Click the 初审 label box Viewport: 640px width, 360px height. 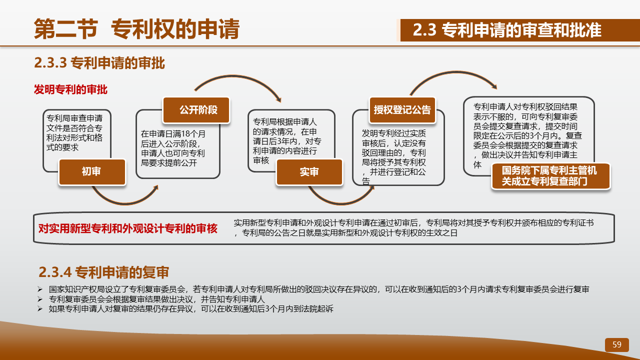click(x=92, y=172)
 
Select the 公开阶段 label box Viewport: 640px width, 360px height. click(x=196, y=110)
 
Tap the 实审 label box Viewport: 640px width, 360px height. click(x=309, y=172)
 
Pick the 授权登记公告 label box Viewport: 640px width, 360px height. click(x=402, y=110)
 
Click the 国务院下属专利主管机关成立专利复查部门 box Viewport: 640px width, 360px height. click(x=550, y=176)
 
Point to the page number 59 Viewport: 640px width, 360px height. click(x=617, y=344)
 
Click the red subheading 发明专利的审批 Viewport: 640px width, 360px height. click(x=70, y=89)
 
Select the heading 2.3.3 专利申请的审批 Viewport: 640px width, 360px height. click(x=99, y=63)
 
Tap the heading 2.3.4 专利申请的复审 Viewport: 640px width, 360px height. click(x=103, y=272)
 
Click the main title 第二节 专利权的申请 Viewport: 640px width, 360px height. click(x=136, y=29)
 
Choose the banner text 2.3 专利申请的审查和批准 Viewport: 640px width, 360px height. click(x=507, y=30)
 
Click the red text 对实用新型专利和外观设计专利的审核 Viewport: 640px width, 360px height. click(x=128, y=228)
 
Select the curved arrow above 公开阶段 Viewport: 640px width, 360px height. click(x=234, y=76)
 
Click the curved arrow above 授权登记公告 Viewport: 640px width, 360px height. click(x=455, y=72)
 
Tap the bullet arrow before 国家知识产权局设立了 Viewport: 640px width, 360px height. click(x=40, y=289)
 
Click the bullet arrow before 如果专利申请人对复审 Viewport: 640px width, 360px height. click(x=40, y=309)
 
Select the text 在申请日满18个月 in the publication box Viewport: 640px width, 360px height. click(x=173, y=134)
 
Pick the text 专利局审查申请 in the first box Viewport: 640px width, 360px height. click(x=74, y=118)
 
